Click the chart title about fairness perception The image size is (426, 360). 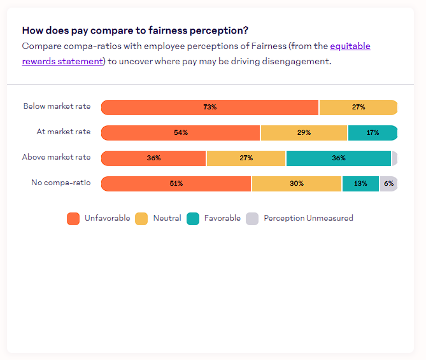[135, 31]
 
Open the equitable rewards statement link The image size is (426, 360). [350, 46]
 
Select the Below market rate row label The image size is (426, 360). [57, 107]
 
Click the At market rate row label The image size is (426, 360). [63, 132]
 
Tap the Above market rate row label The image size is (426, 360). [56, 157]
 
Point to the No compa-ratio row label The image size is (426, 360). [60, 183]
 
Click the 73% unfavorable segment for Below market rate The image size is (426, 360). [209, 107]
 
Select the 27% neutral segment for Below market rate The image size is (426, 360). [358, 107]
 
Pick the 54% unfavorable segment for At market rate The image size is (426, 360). [181, 133]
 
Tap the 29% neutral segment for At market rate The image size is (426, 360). [304, 133]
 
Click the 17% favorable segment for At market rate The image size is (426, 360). [373, 133]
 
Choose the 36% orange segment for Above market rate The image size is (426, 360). [153, 158]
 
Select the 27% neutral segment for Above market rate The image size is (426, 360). [246, 158]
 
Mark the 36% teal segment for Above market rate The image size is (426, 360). [338, 158]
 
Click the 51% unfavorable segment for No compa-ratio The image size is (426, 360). [176, 184]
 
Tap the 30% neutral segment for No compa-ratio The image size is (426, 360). [297, 184]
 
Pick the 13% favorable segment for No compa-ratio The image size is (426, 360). [360, 184]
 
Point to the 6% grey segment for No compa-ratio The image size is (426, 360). [388, 184]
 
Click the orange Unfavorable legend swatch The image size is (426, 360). [73, 219]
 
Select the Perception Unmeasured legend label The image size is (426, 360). [308, 218]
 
